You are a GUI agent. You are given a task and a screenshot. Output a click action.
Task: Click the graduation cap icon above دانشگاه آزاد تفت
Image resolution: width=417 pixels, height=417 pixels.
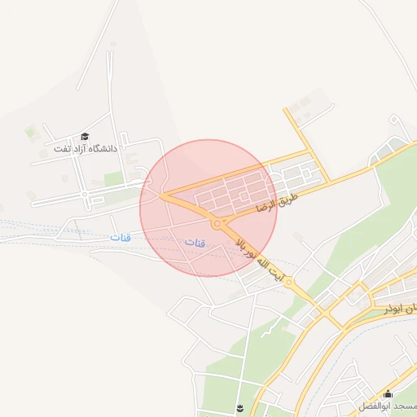pyautogui.click(x=85, y=137)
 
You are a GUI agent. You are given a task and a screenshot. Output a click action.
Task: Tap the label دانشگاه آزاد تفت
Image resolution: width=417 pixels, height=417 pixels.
pyautogui.click(x=86, y=149)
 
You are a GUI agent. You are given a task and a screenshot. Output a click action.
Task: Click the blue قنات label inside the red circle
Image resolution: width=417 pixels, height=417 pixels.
pyautogui.click(x=195, y=244)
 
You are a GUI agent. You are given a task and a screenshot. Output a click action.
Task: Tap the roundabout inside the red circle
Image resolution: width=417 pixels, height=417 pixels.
pyautogui.click(x=217, y=223)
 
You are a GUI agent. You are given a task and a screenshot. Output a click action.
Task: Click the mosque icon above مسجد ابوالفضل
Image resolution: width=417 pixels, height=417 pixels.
pyautogui.click(x=388, y=395)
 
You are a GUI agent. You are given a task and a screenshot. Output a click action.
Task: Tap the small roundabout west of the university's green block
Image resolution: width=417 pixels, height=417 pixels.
pyautogui.click(x=86, y=196)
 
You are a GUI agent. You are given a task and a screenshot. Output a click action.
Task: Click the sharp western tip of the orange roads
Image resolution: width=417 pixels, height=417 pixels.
pyautogui.click(x=162, y=195)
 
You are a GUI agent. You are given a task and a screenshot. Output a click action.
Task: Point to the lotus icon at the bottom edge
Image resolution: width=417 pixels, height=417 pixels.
pyautogui.click(x=239, y=406)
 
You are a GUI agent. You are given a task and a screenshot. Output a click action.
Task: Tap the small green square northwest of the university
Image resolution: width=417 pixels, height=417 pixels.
pyautogui.click(x=32, y=130)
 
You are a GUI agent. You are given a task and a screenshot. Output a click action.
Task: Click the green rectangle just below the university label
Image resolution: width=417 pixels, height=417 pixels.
pyautogui.click(x=113, y=178)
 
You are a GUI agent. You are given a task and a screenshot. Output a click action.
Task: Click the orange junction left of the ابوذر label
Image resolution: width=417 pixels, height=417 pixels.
pyautogui.click(x=327, y=313)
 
